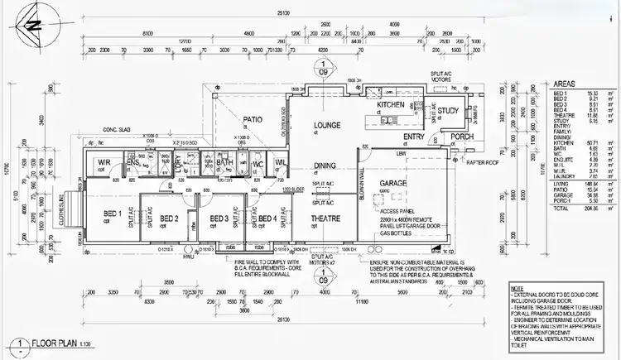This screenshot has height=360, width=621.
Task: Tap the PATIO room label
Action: [252, 119]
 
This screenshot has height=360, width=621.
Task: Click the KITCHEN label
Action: [390, 107]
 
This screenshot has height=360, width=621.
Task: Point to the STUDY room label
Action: [448, 111]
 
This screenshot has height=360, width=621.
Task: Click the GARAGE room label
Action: [392, 183]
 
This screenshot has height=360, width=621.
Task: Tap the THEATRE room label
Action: [326, 218]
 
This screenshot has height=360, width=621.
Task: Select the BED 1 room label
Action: [111, 213]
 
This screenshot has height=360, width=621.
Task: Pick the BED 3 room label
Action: [219, 218]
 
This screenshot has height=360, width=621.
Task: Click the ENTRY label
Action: [414, 137]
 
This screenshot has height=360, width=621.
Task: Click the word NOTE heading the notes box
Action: [517, 289]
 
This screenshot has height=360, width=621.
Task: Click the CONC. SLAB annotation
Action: [118, 129]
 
